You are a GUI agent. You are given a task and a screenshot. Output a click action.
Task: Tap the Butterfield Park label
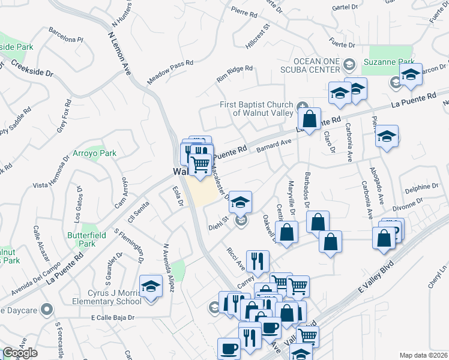(x=81, y=239)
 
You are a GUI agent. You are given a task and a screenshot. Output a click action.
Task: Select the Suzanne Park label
(x=389, y=62)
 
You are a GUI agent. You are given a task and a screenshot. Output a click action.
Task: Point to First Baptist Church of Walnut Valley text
(x=256, y=108)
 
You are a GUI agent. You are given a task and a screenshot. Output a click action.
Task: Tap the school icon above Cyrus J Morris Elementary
(x=151, y=287)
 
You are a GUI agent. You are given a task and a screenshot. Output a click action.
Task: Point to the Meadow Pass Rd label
(x=170, y=71)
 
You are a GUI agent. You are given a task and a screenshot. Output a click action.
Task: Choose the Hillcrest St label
(x=258, y=37)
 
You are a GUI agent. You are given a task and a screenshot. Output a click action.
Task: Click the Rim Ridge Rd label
(x=235, y=74)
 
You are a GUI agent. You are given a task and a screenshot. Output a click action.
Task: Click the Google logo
(x=20, y=353)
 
